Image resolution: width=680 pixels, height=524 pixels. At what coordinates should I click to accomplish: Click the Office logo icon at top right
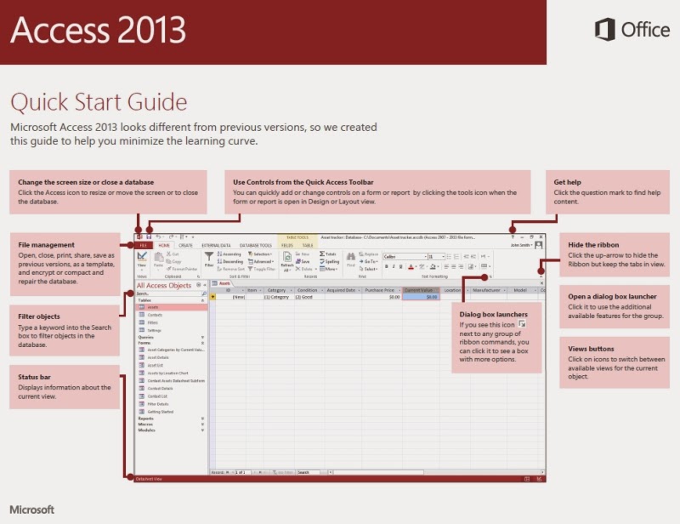pyautogui.click(x=604, y=30)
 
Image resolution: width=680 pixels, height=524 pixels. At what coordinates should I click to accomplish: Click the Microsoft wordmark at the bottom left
pyautogui.click(x=32, y=510)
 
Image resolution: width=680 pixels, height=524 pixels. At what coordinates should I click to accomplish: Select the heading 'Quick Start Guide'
pyautogui.click(x=99, y=102)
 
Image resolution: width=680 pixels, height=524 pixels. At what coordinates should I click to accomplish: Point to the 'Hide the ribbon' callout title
pyautogui.click(x=594, y=245)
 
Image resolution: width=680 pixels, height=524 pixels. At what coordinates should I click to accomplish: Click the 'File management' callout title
pyautogui.click(x=47, y=245)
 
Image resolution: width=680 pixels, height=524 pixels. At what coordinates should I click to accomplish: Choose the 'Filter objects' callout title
pyautogui.click(x=39, y=316)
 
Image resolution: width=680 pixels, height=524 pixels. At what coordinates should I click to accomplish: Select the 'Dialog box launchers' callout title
pyautogui.click(x=492, y=314)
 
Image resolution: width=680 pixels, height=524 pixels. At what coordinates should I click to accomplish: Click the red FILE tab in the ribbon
pyautogui.click(x=144, y=245)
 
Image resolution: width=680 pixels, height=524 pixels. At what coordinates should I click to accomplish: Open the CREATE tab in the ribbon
pyautogui.click(x=186, y=245)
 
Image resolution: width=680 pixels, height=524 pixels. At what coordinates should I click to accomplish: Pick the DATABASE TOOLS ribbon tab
pyautogui.click(x=256, y=245)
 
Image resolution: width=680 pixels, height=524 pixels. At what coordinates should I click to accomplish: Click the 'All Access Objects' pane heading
pyautogui.click(x=164, y=286)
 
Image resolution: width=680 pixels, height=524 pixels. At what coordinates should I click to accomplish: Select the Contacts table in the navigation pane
pyautogui.click(x=156, y=315)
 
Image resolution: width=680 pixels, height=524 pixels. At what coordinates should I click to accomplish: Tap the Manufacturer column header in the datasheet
pyautogui.click(x=486, y=290)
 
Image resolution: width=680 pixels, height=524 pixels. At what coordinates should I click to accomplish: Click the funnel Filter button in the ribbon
pyautogui.click(x=209, y=259)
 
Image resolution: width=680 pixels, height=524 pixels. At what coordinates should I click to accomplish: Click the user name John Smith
pyautogui.click(x=520, y=245)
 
